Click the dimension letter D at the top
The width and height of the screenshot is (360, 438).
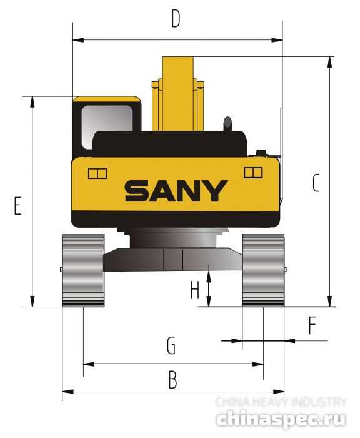[176, 19]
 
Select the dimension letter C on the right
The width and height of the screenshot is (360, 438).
[316, 183]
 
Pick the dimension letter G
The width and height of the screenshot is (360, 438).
[170, 345]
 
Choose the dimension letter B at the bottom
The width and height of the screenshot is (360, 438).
[173, 379]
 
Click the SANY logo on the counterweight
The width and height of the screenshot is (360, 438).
[176, 191]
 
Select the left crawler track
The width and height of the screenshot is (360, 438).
[82, 270]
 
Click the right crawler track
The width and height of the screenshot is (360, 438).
[263, 270]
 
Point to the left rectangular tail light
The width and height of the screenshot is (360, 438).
[97, 173]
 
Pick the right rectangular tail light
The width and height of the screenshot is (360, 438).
[253, 172]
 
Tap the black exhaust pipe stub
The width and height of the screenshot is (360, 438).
[227, 123]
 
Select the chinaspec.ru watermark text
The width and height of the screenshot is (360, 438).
[282, 418]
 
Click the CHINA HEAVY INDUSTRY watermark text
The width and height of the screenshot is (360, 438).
[281, 402]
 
